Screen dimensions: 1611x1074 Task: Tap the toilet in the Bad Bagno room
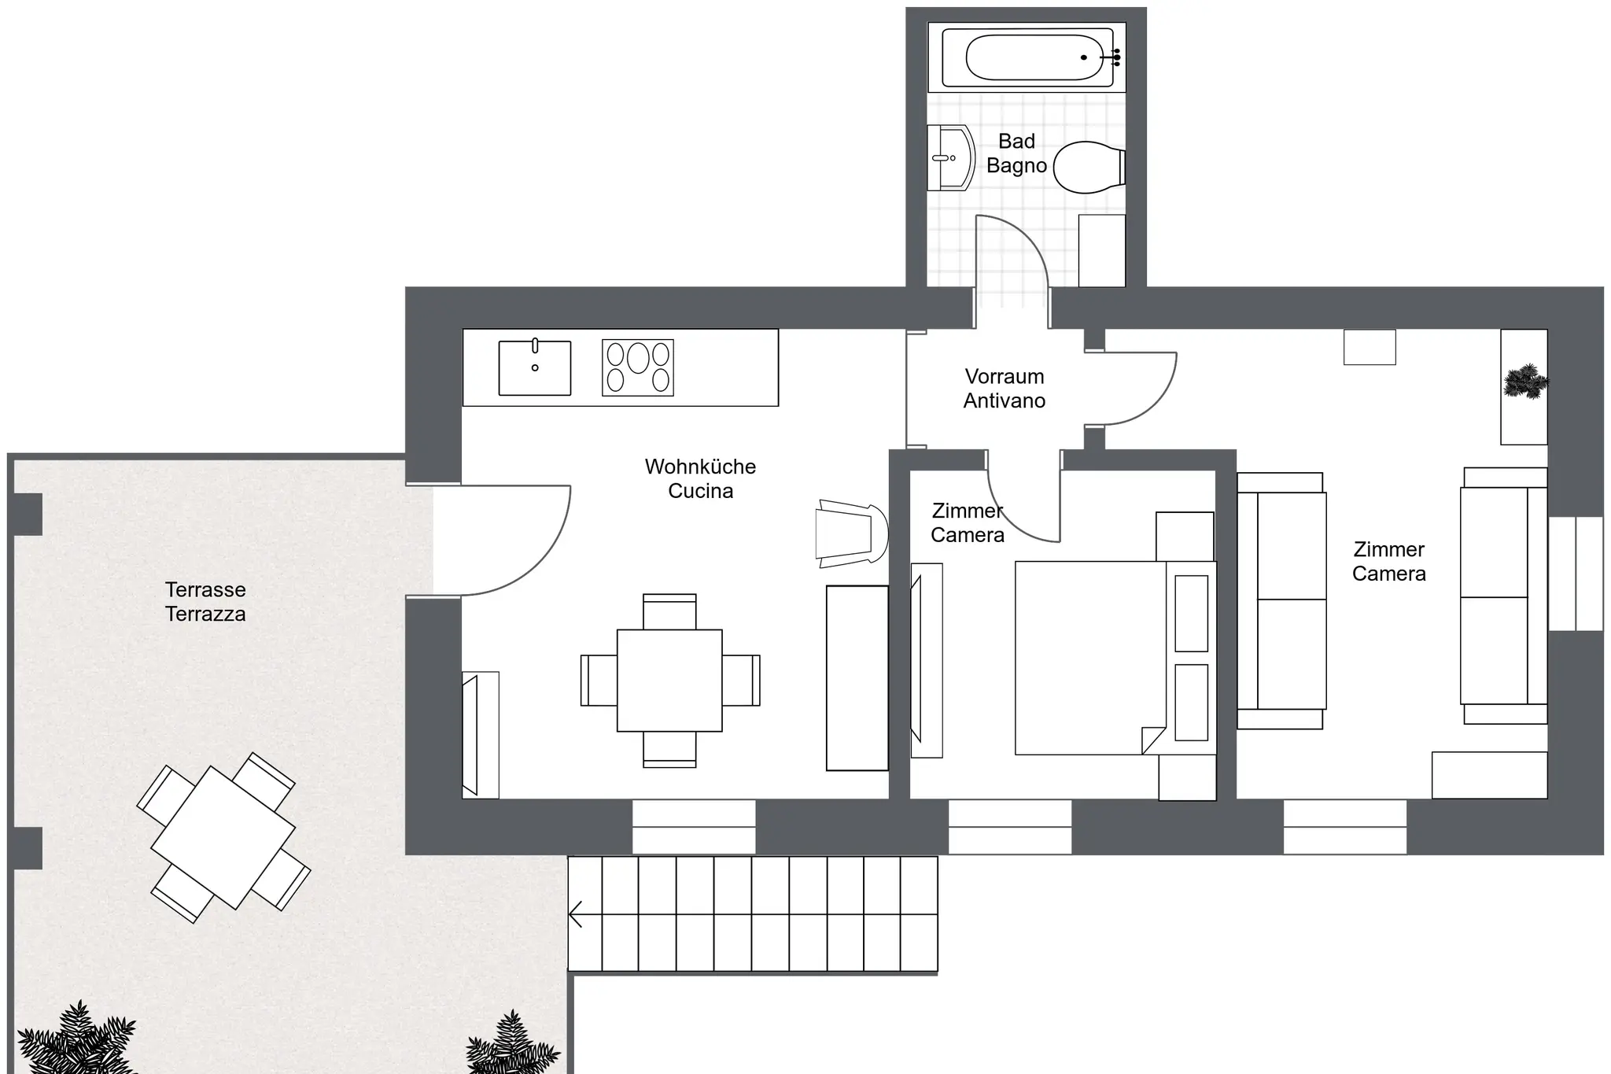coord(1089,168)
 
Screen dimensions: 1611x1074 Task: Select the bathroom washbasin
coord(950,157)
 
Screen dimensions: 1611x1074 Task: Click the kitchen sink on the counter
coord(535,367)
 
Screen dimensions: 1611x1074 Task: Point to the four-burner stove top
coord(638,367)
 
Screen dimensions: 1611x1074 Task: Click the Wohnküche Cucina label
coord(700,478)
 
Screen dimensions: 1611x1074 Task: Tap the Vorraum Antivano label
coord(1005,389)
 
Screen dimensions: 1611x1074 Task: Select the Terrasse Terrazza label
coord(205,602)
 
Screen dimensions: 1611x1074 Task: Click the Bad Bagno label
coord(1016,153)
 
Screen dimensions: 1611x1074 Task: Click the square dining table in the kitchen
coord(669,681)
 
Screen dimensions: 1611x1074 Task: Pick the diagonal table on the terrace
coord(223,838)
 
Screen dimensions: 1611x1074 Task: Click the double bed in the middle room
coord(1115,658)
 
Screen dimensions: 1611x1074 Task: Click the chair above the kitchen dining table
coord(669,611)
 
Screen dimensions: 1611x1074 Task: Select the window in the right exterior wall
coord(1576,574)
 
